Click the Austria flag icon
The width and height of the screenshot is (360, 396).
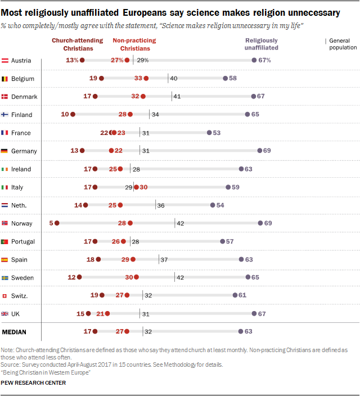(5, 61)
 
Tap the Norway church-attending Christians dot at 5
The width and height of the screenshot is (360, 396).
(56, 223)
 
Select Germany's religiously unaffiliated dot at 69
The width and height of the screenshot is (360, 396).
(259, 151)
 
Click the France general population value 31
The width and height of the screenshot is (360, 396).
(145, 133)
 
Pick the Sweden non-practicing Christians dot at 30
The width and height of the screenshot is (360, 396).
(136, 277)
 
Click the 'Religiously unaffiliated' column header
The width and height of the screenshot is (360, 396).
(262, 44)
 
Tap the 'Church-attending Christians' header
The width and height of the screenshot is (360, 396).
(78, 44)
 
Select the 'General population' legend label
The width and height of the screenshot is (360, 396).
(343, 44)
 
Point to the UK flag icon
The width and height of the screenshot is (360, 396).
(5, 314)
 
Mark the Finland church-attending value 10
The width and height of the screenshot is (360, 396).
(65, 115)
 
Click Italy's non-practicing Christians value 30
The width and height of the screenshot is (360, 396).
(144, 187)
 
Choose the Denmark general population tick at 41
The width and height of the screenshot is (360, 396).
(171, 97)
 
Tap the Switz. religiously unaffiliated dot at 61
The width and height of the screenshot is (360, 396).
(235, 295)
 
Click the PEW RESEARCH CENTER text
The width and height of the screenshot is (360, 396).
(33, 383)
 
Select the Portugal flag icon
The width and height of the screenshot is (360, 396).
(5, 241)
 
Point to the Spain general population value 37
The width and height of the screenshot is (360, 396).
(164, 259)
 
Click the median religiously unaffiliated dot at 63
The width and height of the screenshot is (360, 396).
(241, 332)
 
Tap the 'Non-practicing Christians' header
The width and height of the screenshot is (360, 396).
(134, 44)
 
